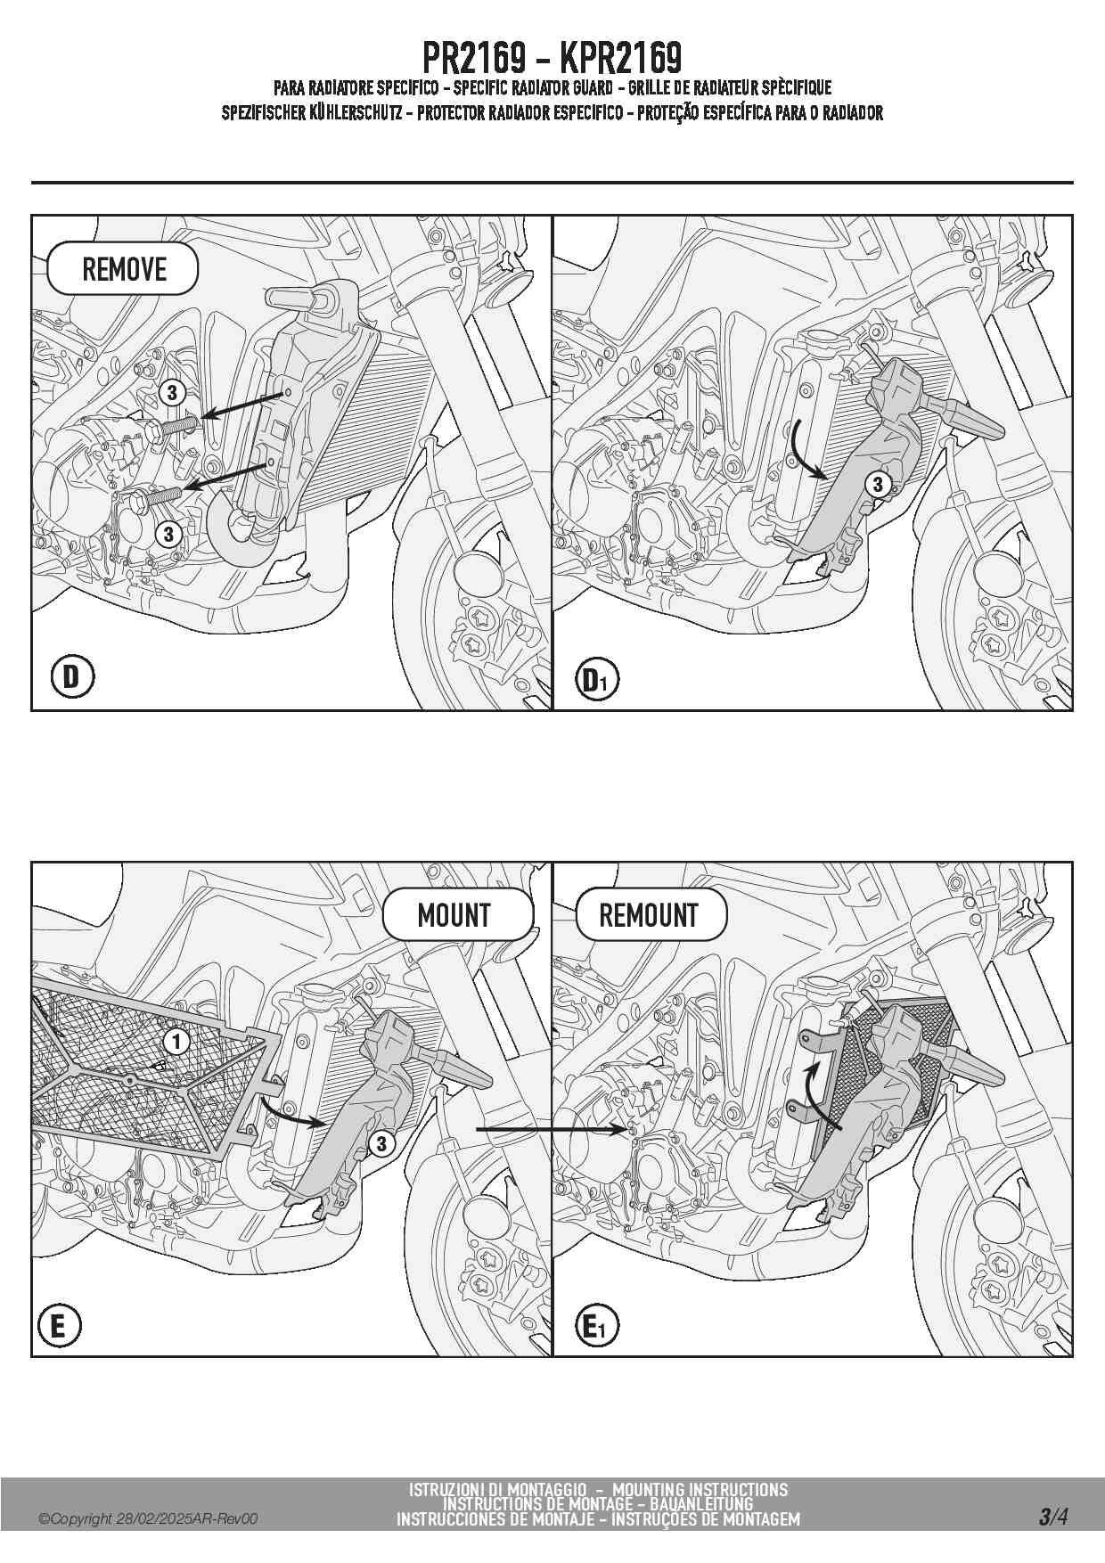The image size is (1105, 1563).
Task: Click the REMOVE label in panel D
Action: [x=123, y=269]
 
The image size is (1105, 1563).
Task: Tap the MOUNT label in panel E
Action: [x=454, y=915]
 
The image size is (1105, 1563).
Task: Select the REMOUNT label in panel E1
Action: [x=650, y=915]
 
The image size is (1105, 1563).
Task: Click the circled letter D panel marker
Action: [x=71, y=677]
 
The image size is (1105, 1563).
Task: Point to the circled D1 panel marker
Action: [x=596, y=681]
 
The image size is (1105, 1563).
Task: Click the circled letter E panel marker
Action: [x=59, y=1327]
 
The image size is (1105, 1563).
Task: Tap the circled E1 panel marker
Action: [x=596, y=1328]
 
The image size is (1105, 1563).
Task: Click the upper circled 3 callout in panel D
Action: [x=172, y=392]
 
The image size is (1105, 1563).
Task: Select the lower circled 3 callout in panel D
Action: [x=168, y=535]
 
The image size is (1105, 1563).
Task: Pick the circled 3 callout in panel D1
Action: [x=878, y=484]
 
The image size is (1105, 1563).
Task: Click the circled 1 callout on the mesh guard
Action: [x=176, y=1041]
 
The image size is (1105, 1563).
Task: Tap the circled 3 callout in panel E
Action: [x=382, y=1143]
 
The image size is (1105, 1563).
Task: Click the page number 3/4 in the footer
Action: [x=1052, y=1517]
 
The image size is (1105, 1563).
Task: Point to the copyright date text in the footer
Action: [x=148, y=1519]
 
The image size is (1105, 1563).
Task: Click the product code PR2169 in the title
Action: [x=473, y=59]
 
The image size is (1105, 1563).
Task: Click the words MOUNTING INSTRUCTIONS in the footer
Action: [x=700, y=1490]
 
